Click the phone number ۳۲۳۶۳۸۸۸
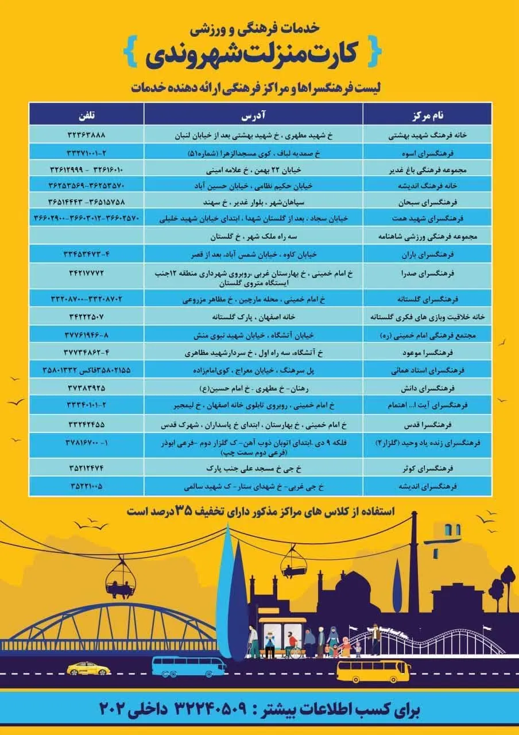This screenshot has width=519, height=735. pos(87,136)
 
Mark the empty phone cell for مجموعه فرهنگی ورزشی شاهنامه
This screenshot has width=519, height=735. pos(87,237)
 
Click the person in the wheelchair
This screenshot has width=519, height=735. pos(294,649)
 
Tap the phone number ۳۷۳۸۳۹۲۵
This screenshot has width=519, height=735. pos(87,388)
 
